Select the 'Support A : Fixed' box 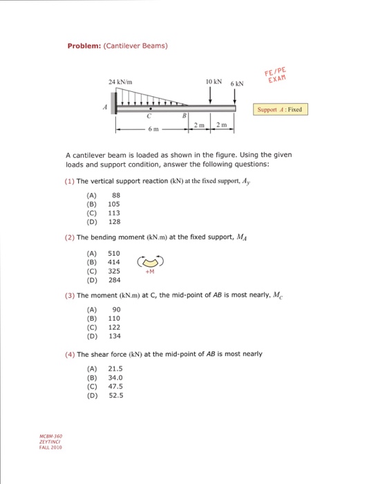coord(279,109)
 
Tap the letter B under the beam coord(183,116)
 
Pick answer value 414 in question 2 coord(114,262)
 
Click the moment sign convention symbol coord(151,262)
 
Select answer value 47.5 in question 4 coord(116,387)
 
